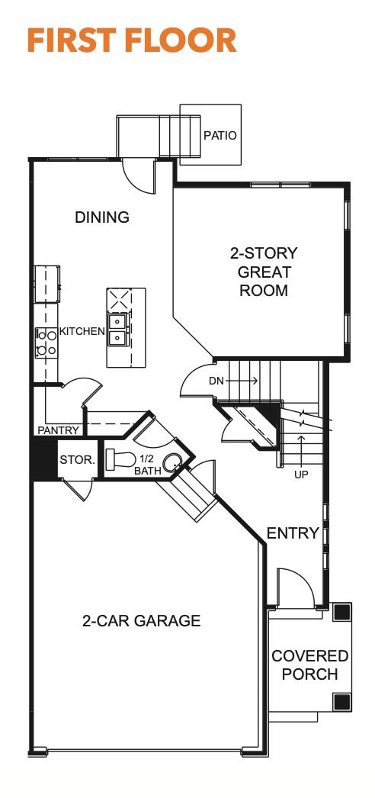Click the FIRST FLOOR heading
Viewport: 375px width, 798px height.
tap(131, 40)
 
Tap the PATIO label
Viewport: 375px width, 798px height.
tap(220, 136)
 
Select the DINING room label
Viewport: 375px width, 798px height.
tap(102, 217)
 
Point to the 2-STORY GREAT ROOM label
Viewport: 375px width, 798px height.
tap(264, 272)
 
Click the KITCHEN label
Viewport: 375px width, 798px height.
tap(82, 331)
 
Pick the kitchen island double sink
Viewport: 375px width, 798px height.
tap(117, 329)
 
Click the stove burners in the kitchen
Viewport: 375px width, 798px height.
tap(46, 342)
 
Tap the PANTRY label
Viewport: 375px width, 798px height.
tap(58, 430)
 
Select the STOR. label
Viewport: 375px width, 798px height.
tap(77, 460)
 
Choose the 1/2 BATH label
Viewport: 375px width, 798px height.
tap(148, 465)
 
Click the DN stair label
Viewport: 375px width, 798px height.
tap(216, 379)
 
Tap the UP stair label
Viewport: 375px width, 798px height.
tap(302, 473)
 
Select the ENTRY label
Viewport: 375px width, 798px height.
tap(292, 533)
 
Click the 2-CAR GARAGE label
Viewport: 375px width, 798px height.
tap(141, 621)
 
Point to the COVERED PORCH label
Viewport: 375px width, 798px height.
tap(309, 665)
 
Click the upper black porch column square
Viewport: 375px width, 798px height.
tap(342, 612)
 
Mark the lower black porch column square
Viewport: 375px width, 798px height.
tap(342, 701)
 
